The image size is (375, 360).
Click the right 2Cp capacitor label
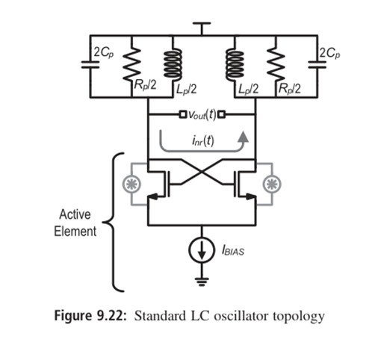coord(326,53)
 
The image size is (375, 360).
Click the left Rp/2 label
coord(142,87)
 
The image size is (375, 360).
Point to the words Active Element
coord(75,223)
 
